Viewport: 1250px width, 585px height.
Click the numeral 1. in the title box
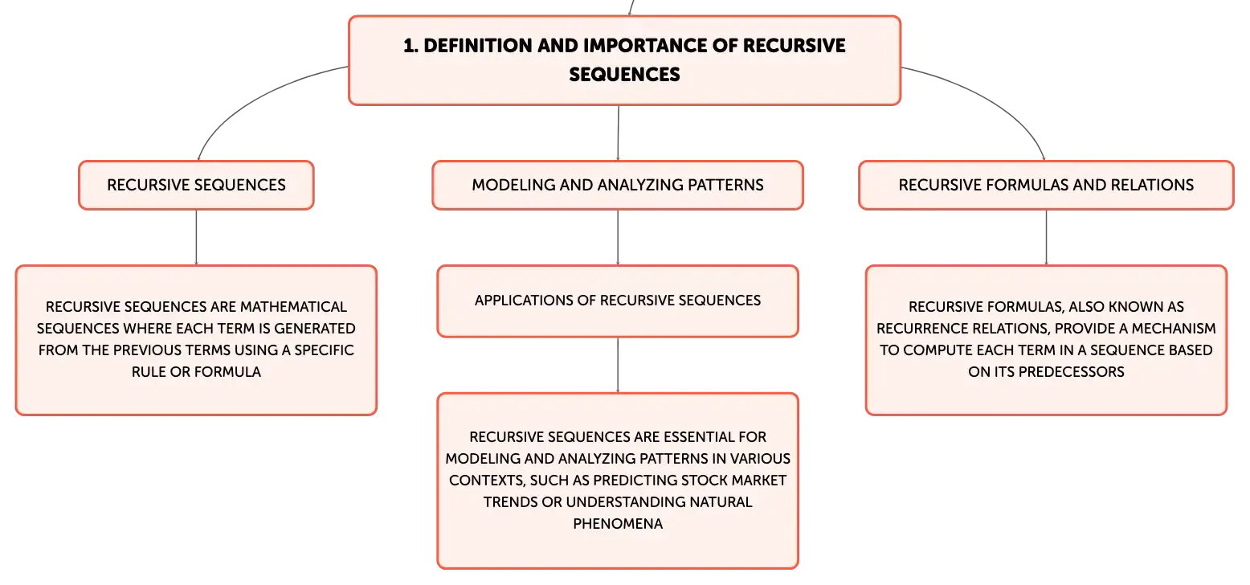pyautogui.click(x=411, y=46)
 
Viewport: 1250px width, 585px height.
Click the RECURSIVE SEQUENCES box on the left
pyautogui.click(x=197, y=186)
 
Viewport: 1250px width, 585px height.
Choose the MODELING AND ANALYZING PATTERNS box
pyautogui.click(x=618, y=186)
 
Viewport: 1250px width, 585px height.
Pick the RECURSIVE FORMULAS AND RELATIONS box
pyautogui.click(x=1046, y=186)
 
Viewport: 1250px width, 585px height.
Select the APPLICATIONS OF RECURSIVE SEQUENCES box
pyautogui.click(x=618, y=301)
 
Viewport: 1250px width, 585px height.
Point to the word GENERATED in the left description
pyautogui.click(x=315, y=329)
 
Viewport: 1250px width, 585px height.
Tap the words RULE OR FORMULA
pyautogui.click(x=197, y=372)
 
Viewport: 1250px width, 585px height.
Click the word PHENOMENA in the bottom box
pyautogui.click(x=618, y=524)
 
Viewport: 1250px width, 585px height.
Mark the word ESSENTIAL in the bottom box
pyautogui.click(x=693, y=437)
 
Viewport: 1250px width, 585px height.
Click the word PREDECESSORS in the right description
pyautogui.click(x=1072, y=372)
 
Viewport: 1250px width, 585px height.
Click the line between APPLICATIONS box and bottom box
pyautogui.click(x=618, y=365)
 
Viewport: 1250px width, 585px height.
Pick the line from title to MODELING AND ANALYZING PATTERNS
pyautogui.click(x=619, y=133)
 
